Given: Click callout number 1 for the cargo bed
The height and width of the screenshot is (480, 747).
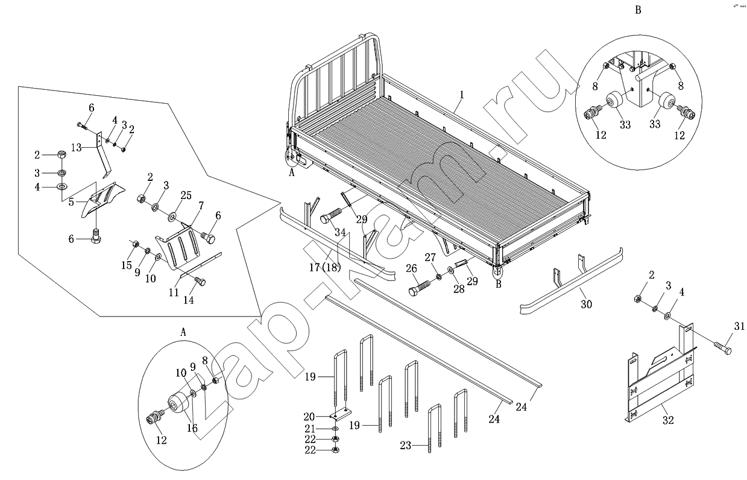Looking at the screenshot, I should click(x=462, y=95).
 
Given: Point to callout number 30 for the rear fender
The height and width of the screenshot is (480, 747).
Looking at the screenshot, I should click(x=587, y=305).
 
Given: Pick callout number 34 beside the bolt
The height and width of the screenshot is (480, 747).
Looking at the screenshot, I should click(x=324, y=232).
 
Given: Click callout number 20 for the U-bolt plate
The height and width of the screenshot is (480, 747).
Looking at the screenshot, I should click(x=309, y=417).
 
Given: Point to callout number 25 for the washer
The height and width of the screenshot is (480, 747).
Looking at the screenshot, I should click(x=186, y=195).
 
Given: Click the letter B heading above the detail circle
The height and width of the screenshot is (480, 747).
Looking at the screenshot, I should click(x=638, y=11).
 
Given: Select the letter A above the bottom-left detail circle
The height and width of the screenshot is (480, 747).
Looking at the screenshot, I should click(x=183, y=332).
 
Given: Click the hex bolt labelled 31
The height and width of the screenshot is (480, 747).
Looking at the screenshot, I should click(x=722, y=348).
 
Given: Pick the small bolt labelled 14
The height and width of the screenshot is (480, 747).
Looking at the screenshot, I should click(x=200, y=280).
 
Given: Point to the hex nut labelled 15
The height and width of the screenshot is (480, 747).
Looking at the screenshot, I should click(x=136, y=245).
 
